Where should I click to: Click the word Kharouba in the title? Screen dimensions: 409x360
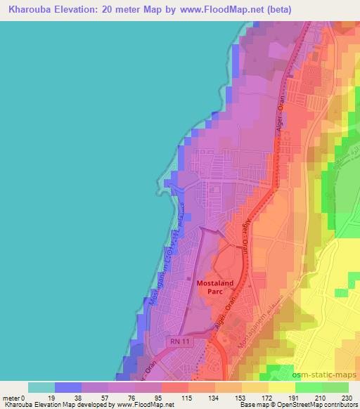(28, 10)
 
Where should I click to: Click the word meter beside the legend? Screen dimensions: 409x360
(12, 398)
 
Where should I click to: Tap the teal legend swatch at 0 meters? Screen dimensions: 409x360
(41, 387)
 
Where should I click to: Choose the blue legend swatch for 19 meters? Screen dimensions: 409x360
(67, 387)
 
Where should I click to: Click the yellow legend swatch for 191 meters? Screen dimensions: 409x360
(281, 387)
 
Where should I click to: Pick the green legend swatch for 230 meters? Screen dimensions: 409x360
(335, 387)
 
